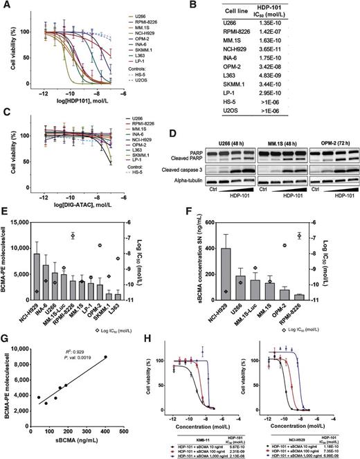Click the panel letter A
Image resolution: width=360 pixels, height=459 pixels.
[6, 6]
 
